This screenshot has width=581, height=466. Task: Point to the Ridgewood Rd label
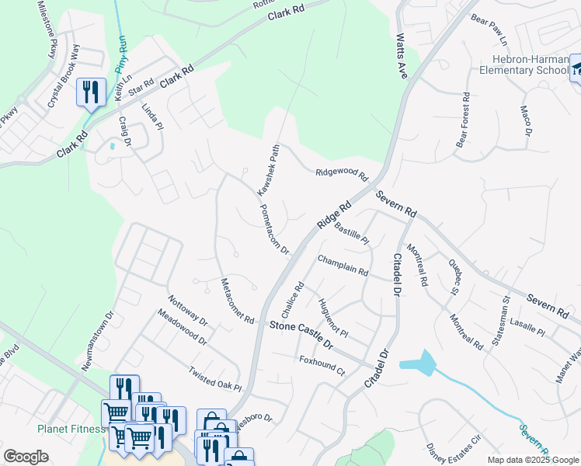[x=340, y=173]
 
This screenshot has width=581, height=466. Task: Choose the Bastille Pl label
[x=351, y=231]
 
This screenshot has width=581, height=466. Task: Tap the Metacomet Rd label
[x=237, y=301]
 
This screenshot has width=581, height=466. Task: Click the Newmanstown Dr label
[x=98, y=339]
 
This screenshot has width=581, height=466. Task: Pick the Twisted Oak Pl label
[x=215, y=378]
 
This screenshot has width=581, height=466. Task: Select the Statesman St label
[x=499, y=320]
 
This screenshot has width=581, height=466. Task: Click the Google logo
[x=26, y=457]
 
